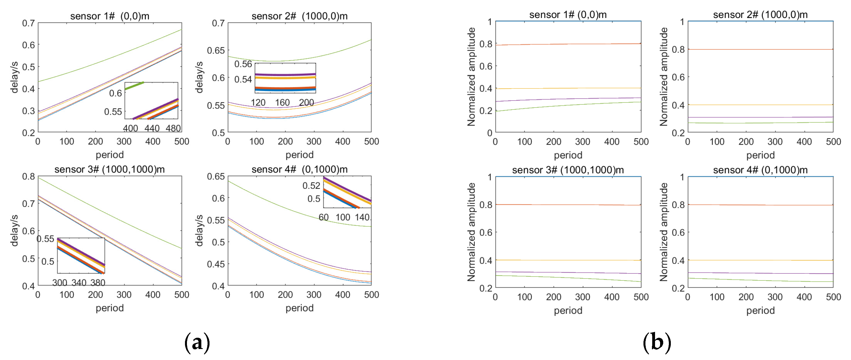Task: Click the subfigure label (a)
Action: [197, 343]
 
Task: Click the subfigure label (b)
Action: [657, 343]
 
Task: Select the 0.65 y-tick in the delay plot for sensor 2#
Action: [216, 50]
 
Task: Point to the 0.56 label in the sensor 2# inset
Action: [243, 64]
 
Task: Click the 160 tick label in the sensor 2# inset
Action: [283, 103]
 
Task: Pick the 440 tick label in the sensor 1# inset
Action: [152, 129]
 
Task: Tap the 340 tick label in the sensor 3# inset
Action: [79, 283]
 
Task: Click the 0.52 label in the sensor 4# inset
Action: [311, 185]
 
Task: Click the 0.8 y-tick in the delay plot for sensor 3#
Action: [28, 176]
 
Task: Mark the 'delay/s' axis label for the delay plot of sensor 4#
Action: [199, 230]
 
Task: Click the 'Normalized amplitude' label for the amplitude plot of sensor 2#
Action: [664, 77]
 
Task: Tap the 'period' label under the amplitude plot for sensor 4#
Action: [760, 311]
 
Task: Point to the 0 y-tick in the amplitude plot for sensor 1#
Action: [490, 133]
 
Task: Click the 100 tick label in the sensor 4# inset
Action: [343, 217]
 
